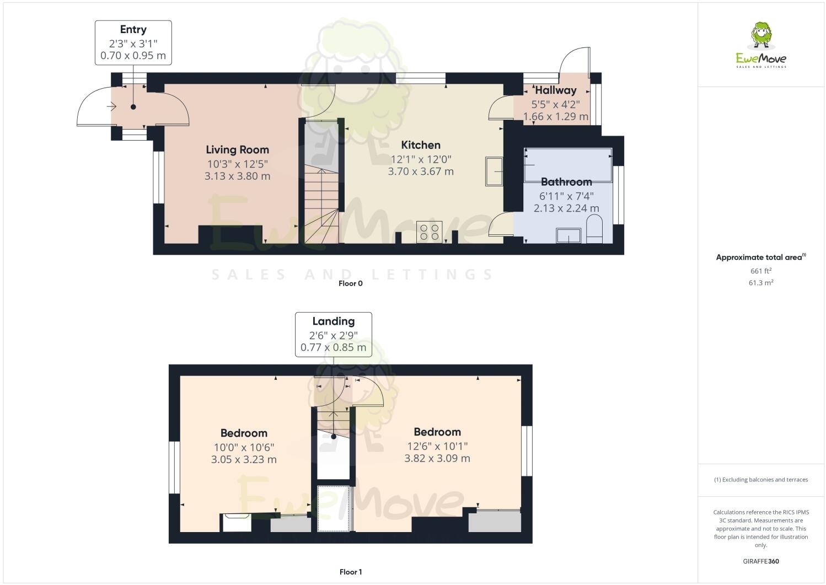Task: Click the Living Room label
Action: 237,149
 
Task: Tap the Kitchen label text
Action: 421,145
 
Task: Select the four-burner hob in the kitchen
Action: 429,232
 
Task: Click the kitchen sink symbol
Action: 494,171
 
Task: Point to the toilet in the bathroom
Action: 594,229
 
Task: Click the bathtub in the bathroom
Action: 568,165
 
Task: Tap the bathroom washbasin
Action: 568,235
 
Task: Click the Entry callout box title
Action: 133,29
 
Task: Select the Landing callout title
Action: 334,321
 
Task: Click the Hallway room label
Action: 556,90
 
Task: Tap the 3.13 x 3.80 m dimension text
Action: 237,176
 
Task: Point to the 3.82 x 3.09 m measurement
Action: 437,458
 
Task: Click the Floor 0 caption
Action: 350,283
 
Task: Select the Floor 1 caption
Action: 350,572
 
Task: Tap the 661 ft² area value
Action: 761,271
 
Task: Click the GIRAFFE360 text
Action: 761,561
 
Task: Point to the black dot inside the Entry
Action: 133,107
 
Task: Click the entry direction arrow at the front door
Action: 112,106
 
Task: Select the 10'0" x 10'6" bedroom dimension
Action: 244,447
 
